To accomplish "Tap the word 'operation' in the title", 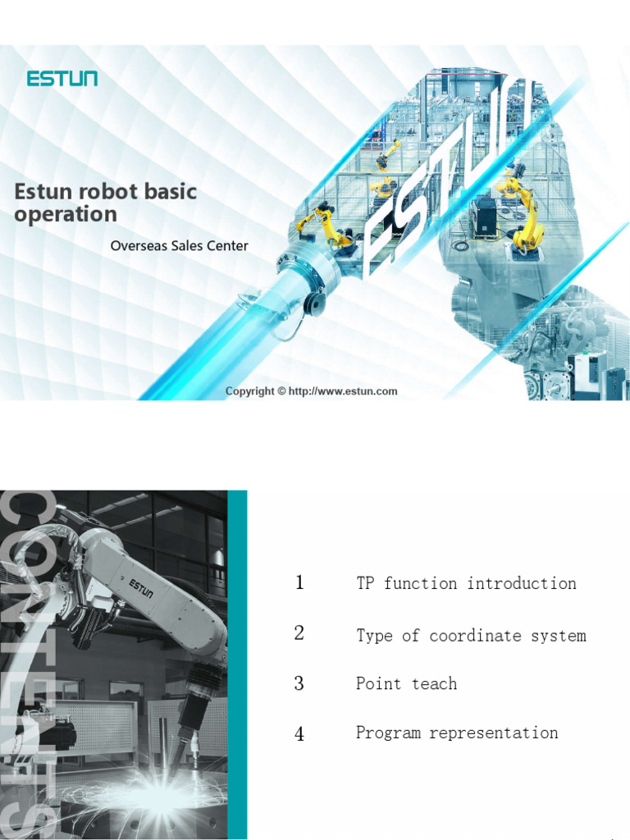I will pyautogui.click(x=66, y=215).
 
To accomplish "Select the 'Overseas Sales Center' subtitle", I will pyautogui.click(x=179, y=245).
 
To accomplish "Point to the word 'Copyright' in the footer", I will pyautogui.click(x=249, y=391).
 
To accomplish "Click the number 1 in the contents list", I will pyautogui.click(x=299, y=583).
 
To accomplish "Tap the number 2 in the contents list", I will pyautogui.click(x=299, y=633).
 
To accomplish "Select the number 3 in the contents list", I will pyautogui.click(x=299, y=683).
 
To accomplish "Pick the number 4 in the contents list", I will pyautogui.click(x=299, y=733).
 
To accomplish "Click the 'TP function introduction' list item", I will pyautogui.click(x=466, y=583).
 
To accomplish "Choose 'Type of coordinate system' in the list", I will pyautogui.click(x=471, y=635).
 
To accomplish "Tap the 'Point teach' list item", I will pyautogui.click(x=406, y=683).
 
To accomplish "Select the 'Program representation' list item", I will pyautogui.click(x=457, y=733).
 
